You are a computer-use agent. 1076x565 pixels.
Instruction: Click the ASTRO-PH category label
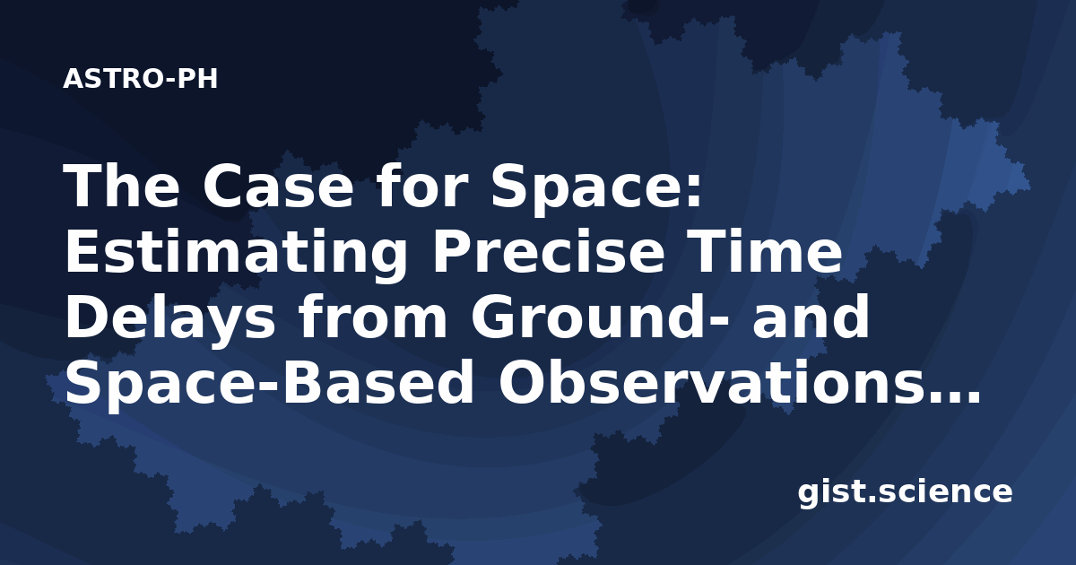[140, 79]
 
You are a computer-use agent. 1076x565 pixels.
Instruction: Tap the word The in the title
[122, 186]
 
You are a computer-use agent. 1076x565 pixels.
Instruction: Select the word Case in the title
[278, 186]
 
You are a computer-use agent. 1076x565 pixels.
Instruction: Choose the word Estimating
[236, 255]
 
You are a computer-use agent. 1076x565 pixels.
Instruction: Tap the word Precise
[549, 252]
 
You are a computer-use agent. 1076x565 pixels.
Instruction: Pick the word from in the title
[374, 317]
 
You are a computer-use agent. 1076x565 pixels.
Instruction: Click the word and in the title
[811, 317]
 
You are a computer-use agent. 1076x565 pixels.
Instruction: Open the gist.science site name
[905, 493]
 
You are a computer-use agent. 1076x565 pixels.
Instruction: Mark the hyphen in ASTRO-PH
[169, 81]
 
